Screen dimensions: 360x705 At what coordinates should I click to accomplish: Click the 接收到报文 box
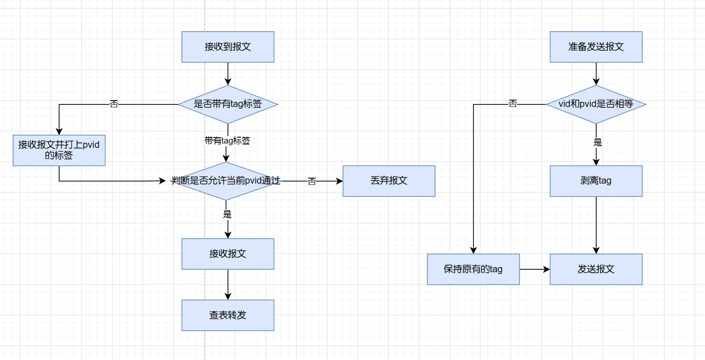click(x=228, y=47)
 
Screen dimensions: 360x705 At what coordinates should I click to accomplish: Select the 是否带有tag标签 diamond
click(x=228, y=104)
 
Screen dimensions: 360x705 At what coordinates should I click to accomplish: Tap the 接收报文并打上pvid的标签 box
click(x=59, y=150)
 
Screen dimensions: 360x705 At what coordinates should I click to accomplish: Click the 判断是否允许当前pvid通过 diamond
click(x=226, y=181)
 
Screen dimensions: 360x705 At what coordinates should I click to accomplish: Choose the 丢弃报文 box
click(x=389, y=181)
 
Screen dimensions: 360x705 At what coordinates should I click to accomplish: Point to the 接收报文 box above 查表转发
click(x=228, y=254)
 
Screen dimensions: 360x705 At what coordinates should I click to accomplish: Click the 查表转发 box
click(x=228, y=315)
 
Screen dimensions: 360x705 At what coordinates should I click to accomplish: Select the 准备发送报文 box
click(x=596, y=47)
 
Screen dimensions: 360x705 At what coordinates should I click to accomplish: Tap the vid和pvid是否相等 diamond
click(x=596, y=104)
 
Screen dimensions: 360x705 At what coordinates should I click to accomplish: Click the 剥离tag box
click(x=596, y=181)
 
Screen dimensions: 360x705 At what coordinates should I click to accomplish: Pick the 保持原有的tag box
click(x=473, y=269)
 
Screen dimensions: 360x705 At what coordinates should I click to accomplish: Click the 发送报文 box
click(x=596, y=269)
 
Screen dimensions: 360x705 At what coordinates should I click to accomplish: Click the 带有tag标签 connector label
click(x=227, y=141)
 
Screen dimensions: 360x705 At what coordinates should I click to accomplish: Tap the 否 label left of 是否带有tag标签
click(x=114, y=104)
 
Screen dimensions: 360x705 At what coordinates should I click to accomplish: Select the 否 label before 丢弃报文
click(x=312, y=181)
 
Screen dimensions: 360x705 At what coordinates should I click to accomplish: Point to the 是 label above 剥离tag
click(x=598, y=142)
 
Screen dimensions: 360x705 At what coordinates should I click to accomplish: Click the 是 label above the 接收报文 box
click(x=228, y=214)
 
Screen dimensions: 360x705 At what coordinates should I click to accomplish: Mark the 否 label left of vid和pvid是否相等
click(x=513, y=104)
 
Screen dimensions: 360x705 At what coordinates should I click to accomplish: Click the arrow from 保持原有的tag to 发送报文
click(x=535, y=269)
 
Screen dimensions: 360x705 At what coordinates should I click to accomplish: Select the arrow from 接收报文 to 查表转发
click(x=228, y=285)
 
